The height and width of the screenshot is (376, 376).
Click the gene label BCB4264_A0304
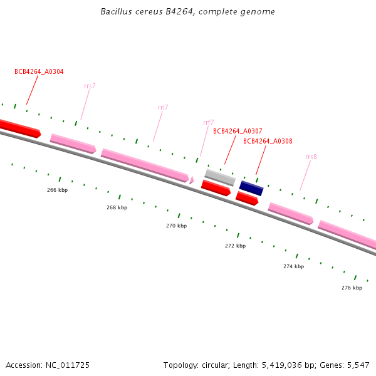[x=39, y=72]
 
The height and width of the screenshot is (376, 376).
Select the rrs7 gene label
[x=90, y=86]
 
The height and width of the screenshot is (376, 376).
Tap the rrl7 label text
[x=163, y=107]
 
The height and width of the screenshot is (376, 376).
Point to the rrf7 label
[x=208, y=122]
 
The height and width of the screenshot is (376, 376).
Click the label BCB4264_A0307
[x=238, y=131]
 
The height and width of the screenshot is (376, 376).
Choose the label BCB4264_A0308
[x=268, y=142]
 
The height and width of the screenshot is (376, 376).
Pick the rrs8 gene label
[x=311, y=157]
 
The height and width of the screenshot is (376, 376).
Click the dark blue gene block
[x=251, y=188]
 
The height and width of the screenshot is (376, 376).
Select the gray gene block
[x=220, y=177]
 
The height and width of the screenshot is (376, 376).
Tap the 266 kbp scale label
[x=57, y=190]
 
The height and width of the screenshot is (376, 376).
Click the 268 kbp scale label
[x=117, y=207]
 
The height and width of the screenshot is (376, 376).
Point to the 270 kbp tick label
[x=176, y=226]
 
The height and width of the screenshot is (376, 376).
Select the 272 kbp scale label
[x=235, y=246]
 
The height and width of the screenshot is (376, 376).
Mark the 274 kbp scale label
[x=293, y=266]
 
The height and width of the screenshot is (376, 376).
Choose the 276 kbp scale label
[x=352, y=288]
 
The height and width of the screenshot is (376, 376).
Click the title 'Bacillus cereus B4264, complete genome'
[x=188, y=12]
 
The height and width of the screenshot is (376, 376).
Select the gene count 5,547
[x=358, y=365]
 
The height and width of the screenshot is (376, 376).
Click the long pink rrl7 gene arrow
[x=145, y=165]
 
